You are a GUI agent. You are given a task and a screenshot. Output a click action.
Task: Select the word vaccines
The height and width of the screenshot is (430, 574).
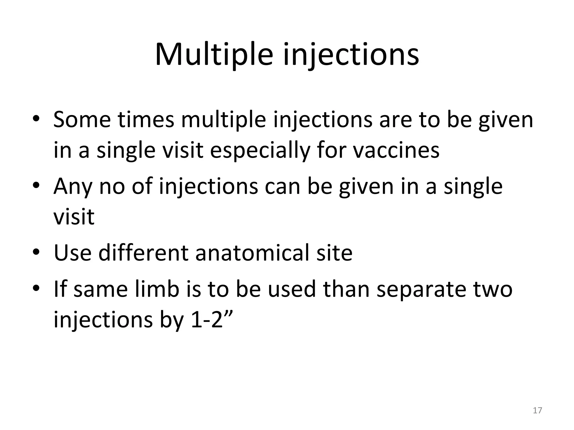click(x=396, y=150)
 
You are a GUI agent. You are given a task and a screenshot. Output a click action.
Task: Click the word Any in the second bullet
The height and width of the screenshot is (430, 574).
click(x=73, y=186)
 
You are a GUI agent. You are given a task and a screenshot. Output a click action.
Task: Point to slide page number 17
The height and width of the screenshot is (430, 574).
click(x=537, y=410)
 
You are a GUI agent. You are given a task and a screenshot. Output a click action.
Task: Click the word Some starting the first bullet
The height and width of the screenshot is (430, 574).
click(x=82, y=120)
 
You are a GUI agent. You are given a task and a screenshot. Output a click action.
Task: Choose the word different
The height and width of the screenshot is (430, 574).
click(x=143, y=253)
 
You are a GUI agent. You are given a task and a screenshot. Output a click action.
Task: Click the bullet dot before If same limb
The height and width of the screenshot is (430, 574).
click(x=36, y=288)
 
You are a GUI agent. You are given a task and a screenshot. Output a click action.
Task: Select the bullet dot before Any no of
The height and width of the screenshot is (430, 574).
click(x=36, y=186)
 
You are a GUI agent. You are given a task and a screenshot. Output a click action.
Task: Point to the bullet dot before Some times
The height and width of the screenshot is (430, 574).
click(x=36, y=119)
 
